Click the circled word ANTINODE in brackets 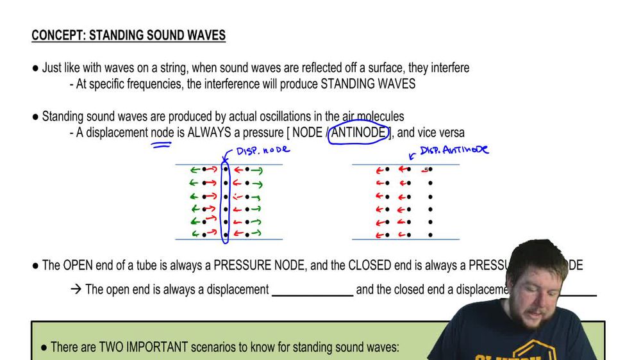(x=360, y=133)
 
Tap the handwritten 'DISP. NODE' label (x=263, y=150)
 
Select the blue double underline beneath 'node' (x=161, y=145)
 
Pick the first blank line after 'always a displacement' (x=312, y=295)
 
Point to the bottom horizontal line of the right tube (x=405, y=240)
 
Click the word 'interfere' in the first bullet (x=447, y=67)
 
